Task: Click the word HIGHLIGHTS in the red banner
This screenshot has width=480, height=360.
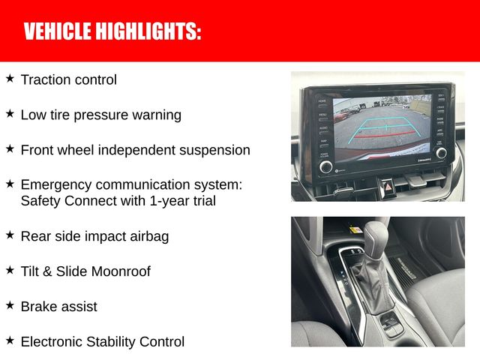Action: pyautogui.click(x=148, y=31)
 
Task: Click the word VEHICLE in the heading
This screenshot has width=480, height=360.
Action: pyautogui.click(x=58, y=31)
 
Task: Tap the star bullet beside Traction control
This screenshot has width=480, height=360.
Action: pyautogui.click(x=10, y=78)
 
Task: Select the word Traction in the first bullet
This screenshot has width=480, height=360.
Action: pyautogui.click(x=46, y=79)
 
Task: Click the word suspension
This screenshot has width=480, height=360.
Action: pyautogui.click(x=214, y=151)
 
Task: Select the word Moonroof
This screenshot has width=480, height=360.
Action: pyautogui.click(x=121, y=271)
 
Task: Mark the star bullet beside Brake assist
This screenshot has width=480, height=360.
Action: pyautogui.click(x=10, y=305)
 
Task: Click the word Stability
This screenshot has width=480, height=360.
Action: pyautogui.click(x=111, y=342)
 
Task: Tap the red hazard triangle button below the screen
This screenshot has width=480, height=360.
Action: pyautogui.click(x=388, y=187)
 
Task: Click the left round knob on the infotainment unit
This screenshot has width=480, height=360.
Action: pyautogui.click(x=325, y=166)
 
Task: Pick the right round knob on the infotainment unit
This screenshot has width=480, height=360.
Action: pyautogui.click(x=441, y=153)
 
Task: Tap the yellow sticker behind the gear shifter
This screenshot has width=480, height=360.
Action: pyautogui.click(x=355, y=229)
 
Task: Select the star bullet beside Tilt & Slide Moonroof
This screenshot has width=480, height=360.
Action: pyautogui.click(x=10, y=270)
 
